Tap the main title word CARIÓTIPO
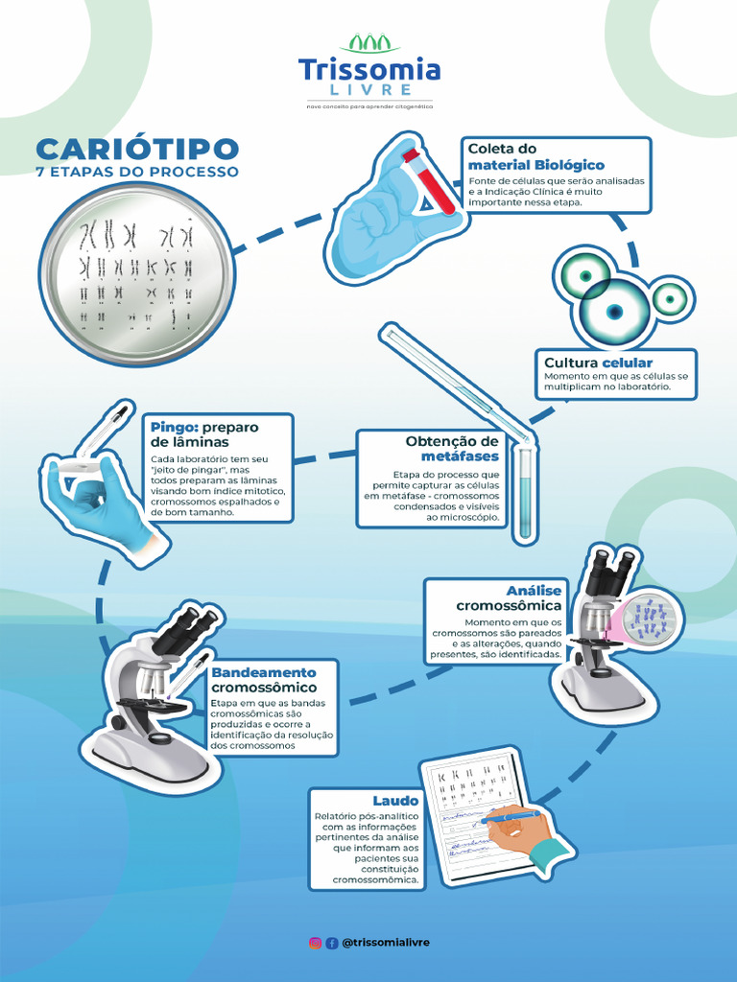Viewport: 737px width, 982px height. point(137,149)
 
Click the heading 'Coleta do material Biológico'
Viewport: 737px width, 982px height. point(535,156)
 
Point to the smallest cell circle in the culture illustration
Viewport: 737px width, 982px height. point(669,298)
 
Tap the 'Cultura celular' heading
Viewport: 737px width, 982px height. point(598,362)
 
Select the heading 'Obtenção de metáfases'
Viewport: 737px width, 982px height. point(452,448)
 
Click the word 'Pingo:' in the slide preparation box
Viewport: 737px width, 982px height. point(174,427)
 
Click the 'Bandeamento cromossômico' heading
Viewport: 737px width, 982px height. point(264,680)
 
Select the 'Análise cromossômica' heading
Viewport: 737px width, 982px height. point(509,598)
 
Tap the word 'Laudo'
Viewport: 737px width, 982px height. point(395,800)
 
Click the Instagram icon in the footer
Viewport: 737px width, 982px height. point(315,943)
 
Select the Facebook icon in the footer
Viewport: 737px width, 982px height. point(332,943)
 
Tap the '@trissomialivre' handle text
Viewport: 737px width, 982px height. point(385,943)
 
